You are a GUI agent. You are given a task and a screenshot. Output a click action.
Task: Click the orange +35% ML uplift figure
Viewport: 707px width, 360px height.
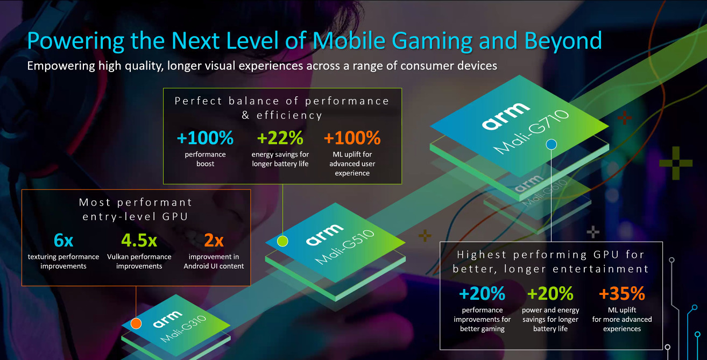(x=621, y=294)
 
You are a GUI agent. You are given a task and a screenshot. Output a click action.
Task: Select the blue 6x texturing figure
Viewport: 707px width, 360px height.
(x=63, y=241)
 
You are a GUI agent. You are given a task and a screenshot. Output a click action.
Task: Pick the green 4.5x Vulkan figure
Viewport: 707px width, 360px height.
(x=139, y=241)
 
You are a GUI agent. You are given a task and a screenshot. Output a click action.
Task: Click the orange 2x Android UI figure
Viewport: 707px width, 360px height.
(x=214, y=241)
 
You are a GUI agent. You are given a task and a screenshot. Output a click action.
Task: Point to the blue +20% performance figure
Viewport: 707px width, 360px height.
(x=482, y=294)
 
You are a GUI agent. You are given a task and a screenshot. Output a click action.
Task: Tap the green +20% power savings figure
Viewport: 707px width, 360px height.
(x=550, y=294)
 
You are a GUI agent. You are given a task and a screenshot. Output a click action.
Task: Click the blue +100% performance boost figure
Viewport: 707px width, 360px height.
(x=205, y=138)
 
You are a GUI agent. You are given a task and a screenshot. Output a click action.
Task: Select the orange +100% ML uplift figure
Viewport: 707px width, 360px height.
(x=352, y=138)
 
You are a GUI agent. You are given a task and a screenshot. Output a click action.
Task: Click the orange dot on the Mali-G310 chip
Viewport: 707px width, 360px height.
(x=136, y=323)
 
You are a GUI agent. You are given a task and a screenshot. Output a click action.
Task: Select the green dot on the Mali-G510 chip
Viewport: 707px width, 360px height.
(x=282, y=241)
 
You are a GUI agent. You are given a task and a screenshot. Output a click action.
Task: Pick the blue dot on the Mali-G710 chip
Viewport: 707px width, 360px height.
(x=551, y=144)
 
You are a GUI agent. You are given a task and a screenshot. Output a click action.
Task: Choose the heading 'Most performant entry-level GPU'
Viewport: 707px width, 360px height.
(x=136, y=209)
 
